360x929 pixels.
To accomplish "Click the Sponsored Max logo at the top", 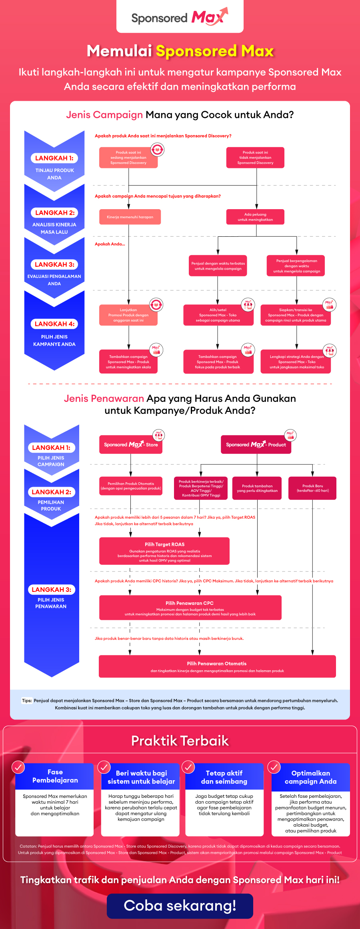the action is click(180, 17).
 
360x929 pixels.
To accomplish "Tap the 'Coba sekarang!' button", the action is click(180, 906).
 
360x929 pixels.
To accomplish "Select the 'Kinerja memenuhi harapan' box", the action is click(130, 217).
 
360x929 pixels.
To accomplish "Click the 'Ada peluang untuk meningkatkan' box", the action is click(255, 217).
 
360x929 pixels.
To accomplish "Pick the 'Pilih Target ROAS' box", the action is click(164, 551).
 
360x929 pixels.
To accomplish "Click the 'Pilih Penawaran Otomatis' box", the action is click(217, 666).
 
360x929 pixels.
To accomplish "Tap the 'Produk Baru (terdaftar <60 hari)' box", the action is click(312, 488).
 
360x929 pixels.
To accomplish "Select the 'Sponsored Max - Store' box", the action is click(131, 445).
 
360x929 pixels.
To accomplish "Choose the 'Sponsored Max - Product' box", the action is click(256, 445).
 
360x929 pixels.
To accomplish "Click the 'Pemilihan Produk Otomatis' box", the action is click(131, 486).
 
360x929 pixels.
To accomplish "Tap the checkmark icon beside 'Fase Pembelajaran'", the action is click(18, 767).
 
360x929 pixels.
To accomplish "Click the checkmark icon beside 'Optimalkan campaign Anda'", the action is click(274, 767).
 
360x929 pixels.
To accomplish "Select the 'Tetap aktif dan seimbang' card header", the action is click(224, 777).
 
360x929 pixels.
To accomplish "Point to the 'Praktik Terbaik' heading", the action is click(180, 741).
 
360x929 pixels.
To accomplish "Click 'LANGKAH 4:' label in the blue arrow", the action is click(54, 324).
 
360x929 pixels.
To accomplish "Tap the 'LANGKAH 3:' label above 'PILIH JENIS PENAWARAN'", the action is click(51, 589).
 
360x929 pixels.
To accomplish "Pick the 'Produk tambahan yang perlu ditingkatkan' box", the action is click(257, 488).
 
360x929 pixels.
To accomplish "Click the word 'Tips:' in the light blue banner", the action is click(27, 700).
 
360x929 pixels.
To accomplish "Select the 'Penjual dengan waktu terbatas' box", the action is click(218, 266).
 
